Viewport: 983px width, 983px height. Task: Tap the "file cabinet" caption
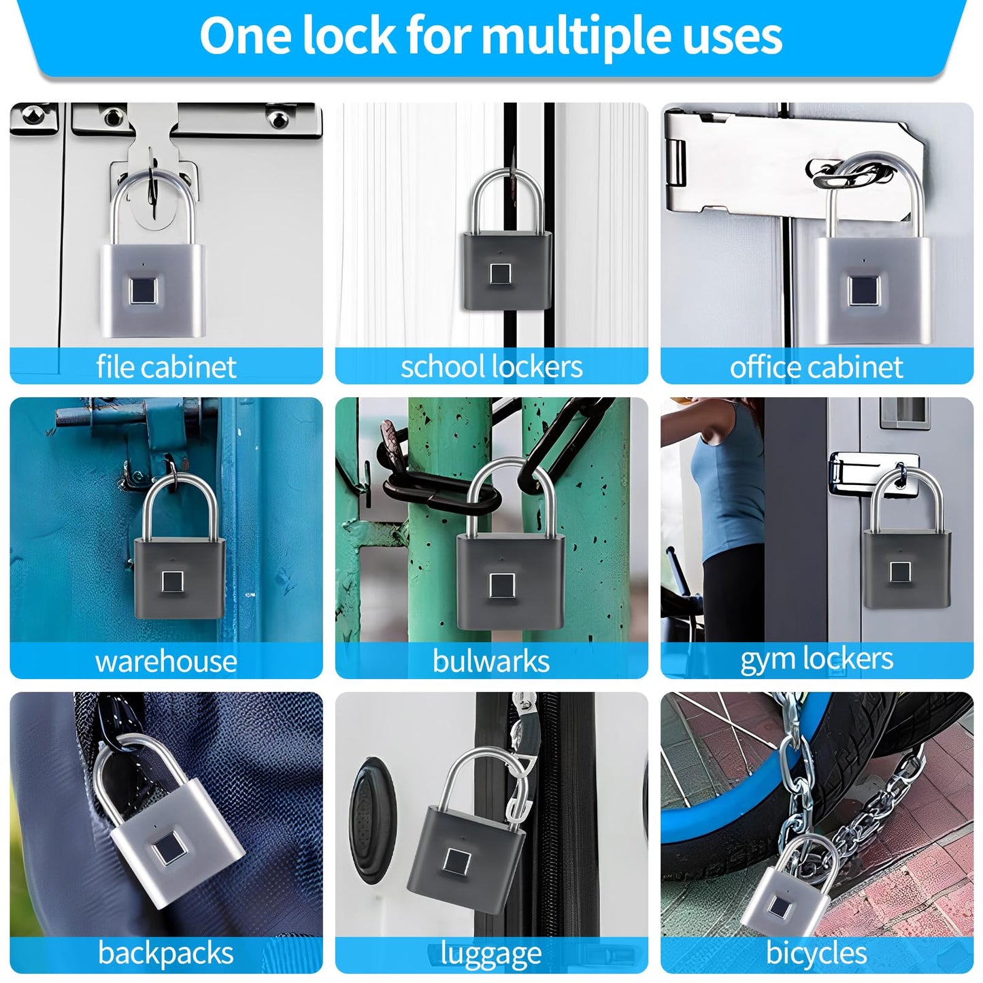(166, 367)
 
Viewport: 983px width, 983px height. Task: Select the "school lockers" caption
(491, 367)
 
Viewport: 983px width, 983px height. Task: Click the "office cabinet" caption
(816, 367)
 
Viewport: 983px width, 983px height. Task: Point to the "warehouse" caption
(166, 661)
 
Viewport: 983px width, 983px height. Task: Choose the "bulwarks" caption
(491, 661)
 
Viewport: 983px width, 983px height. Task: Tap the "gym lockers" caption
(816, 659)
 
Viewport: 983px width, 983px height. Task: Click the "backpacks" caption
(166, 953)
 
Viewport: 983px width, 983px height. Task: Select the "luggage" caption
(491, 954)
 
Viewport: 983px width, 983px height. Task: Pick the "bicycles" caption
(816, 953)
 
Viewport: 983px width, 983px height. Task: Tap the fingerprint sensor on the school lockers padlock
(500, 273)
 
